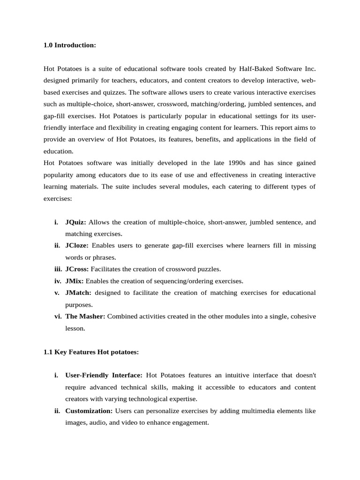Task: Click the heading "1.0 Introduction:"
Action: (x=69, y=45)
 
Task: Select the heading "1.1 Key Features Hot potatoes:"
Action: (x=91, y=352)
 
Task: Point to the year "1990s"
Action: (x=236, y=163)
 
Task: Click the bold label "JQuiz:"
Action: (x=75, y=222)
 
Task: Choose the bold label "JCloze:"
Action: (x=77, y=245)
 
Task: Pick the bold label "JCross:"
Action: (x=77, y=269)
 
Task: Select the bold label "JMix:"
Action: (x=75, y=281)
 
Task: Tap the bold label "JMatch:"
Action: (x=78, y=292)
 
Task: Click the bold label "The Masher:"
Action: (x=85, y=316)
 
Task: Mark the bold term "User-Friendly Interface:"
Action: (x=104, y=375)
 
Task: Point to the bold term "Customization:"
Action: (x=89, y=411)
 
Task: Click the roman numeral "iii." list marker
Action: (x=57, y=269)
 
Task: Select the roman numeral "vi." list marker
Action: (x=58, y=316)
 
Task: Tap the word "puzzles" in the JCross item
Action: (x=209, y=269)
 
